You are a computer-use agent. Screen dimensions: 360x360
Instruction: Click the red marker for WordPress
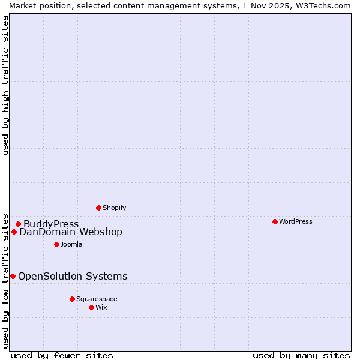point(275,221)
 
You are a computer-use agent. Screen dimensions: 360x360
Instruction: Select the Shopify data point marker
point(98,208)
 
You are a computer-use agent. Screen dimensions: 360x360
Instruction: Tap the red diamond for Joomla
point(56,244)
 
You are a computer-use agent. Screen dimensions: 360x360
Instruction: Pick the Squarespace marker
point(72,299)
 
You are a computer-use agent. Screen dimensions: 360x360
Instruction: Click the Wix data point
point(91,307)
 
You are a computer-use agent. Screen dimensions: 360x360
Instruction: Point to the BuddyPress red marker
point(18,224)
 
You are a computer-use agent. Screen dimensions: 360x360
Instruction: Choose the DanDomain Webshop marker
point(14,232)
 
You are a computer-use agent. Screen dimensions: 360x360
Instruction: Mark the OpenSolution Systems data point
point(13,276)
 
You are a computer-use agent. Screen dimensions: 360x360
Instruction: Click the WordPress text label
point(296,221)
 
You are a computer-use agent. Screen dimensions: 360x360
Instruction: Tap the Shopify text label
point(114,208)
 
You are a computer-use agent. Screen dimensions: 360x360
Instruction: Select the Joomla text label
point(71,244)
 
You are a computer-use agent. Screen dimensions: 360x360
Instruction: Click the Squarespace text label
point(97,299)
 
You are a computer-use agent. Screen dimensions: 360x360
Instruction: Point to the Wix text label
point(101,307)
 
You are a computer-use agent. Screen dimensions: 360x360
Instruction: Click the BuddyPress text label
point(51,224)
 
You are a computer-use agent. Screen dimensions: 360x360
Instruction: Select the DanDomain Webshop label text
point(71,232)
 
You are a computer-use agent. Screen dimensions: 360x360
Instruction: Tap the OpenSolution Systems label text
point(73,277)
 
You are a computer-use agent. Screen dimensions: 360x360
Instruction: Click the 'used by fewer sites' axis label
point(62,355)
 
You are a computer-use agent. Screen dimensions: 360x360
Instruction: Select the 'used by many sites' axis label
point(301,355)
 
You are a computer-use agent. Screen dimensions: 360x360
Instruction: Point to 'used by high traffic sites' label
point(5,85)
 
